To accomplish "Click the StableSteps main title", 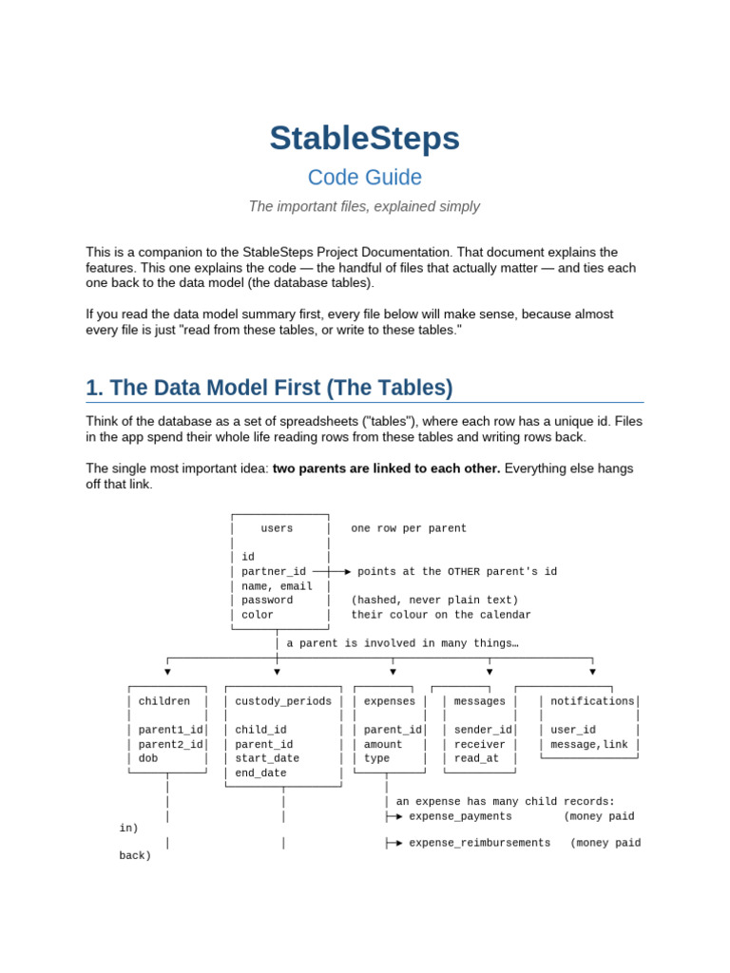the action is (364, 139).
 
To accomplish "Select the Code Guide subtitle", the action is (364, 178).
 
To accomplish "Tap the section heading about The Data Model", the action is (269, 388).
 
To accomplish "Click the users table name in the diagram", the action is (277, 528).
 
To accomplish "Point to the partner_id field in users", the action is (274, 571).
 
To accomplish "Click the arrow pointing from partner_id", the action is (332, 571).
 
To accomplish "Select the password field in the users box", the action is (267, 601).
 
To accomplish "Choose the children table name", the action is (163, 700).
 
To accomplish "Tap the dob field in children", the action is (147, 757).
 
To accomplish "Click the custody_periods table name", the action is (283, 701).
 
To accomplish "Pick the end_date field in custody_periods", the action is (260, 773).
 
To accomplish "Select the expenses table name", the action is (389, 701).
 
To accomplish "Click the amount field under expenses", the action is (382, 744).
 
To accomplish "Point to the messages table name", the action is (479, 701).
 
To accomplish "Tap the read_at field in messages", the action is (476, 758).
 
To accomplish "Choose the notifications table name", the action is (592, 700).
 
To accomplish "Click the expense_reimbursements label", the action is (479, 843).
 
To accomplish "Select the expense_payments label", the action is (460, 816).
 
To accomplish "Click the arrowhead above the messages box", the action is (490, 672).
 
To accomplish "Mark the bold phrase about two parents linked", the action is (386, 468).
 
